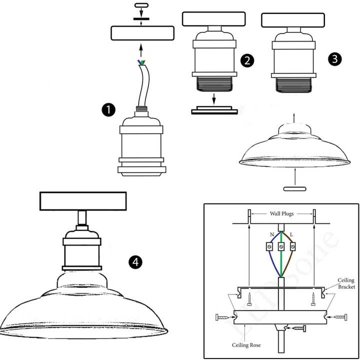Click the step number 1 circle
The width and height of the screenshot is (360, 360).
pyautogui.click(x=108, y=109)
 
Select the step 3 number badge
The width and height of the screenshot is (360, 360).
pyautogui.click(x=335, y=58)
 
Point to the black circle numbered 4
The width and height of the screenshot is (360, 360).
pyautogui.click(x=134, y=261)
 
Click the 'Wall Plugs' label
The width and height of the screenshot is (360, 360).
pyautogui.click(x=282, y=213)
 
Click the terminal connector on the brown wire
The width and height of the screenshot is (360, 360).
pyautogui.click(x=293, y=246)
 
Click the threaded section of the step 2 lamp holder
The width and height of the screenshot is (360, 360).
pyautogui.click(x=213, y=83)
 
